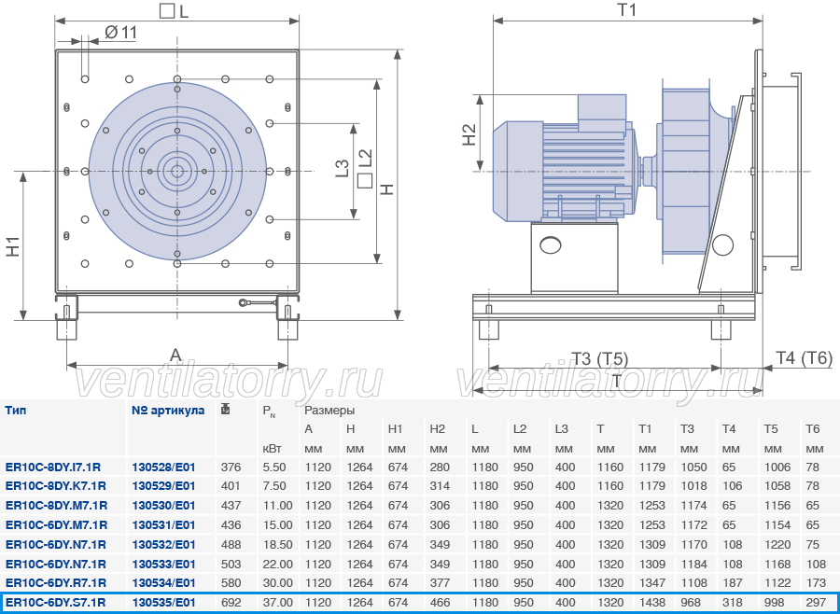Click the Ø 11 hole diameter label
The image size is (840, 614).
coord(120,33)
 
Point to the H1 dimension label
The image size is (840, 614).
coord(13,246)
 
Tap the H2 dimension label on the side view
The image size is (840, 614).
coord(469,134)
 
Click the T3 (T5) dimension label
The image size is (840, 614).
coord(599,358)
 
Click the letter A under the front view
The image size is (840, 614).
coord(175,355)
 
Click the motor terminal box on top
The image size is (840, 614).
coord(602,113)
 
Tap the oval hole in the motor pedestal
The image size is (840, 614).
coord(550,245)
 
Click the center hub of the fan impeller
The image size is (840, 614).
coord(176,172)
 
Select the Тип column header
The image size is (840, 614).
coord(16,411)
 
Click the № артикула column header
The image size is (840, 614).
coord(168,411)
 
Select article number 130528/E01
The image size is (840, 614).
coord(163,467)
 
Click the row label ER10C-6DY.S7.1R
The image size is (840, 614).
coord(56,602)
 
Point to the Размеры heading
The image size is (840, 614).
coord(329,411)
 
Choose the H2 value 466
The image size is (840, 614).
coord(440,602)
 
